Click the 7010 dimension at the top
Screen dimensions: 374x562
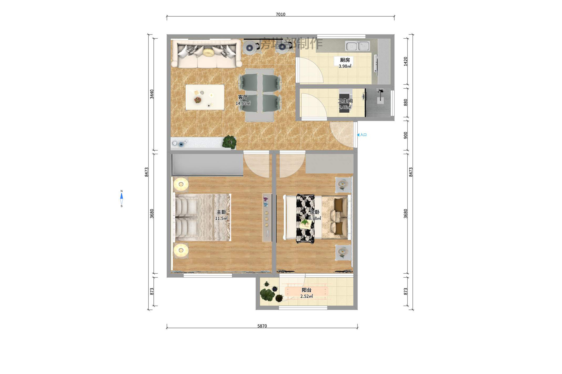pos(280,14)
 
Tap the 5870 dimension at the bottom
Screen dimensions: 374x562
pos(262,326)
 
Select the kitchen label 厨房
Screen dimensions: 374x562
pos(345,60)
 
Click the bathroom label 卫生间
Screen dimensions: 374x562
pos(345,101)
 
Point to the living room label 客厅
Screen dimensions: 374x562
pos(243,97)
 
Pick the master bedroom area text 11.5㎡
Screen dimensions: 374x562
pos(221,218)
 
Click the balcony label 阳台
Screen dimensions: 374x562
pos(306,290)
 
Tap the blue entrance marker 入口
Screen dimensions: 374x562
pos(362,135)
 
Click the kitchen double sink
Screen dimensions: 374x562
pos(357,46)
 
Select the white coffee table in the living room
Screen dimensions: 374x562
pos(205,97)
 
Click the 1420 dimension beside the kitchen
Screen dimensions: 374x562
pos(406,61)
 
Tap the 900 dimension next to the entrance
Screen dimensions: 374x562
pos(406,135)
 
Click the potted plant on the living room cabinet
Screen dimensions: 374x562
pos(229,142)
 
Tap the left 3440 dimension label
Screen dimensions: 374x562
pos(152,94)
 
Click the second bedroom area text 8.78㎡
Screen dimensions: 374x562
pos(315,218)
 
